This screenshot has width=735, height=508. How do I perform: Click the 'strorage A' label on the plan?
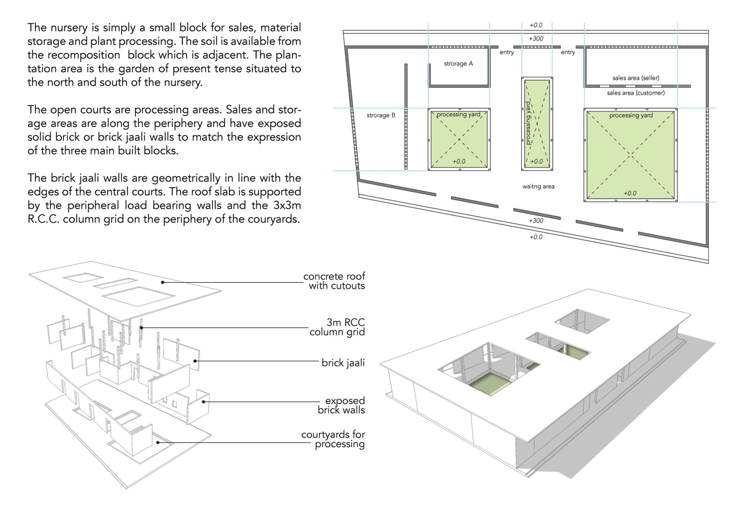[458, 64]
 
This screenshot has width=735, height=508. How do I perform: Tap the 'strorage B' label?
[381, 115]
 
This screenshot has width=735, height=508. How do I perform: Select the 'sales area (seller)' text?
[636, 78]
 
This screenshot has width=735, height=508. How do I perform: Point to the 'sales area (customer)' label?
[636, 93]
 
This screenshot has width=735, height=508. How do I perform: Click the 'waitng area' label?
[538, 186]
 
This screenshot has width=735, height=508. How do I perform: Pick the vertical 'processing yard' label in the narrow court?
[528, 123]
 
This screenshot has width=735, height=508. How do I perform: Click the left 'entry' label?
[506, 53]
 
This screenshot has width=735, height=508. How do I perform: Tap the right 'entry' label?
[568, 53]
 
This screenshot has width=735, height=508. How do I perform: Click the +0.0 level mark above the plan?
[536, 25]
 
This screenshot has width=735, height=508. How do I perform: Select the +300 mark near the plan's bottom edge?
[536, 221]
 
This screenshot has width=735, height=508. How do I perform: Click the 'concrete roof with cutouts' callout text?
[334, 281]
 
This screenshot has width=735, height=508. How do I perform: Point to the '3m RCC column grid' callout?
[337, 327]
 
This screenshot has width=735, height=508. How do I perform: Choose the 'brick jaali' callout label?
[343, 363]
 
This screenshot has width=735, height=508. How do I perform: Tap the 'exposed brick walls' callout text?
[341, 405]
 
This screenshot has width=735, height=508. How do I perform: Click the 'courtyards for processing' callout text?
[333, 439]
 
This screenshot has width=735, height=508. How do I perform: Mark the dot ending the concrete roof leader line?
[162, 282]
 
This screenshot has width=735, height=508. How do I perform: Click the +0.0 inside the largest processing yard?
[630, 193]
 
